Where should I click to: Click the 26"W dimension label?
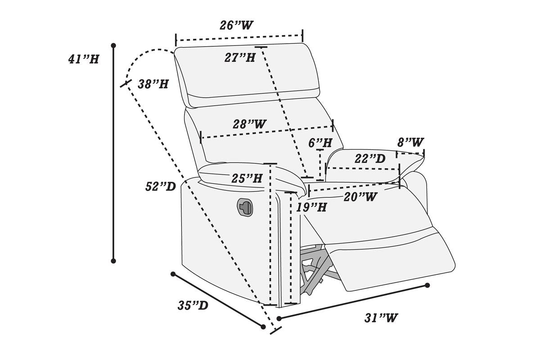[x=236, y=25]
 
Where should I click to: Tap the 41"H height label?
[x=84, y=59]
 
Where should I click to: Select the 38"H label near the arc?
[x=153, y=84]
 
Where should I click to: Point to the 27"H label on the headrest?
[x=240, y=58]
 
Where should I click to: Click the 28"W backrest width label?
[x=249, y=124]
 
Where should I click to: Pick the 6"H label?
[x=320, y=143]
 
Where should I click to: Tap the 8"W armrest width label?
[x=410, y=143]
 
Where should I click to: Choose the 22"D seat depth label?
[x=370, y=159]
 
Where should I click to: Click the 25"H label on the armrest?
[x=247, y=179]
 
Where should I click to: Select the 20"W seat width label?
[x=360, y=197]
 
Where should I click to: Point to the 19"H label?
[x=311, y=207]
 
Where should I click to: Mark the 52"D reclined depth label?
[x=160, y=187]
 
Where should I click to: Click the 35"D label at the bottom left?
[x=193, y=306]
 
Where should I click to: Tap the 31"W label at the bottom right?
[x=381, y=318]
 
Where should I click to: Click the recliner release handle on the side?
[x=245, y=207]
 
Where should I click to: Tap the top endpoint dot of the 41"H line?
[x=113, y=45]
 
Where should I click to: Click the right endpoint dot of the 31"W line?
[x=427, y=285]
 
